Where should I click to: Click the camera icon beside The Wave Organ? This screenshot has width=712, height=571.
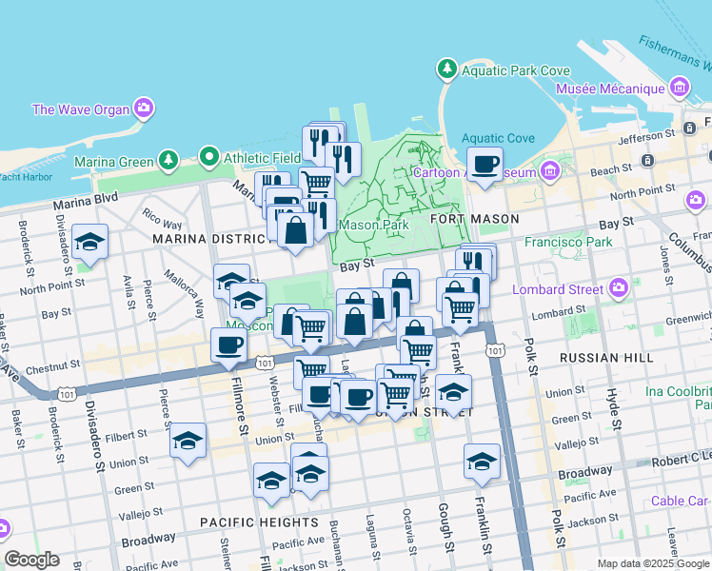coord(144,108)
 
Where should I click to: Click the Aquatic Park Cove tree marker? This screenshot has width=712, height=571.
coord(445,69)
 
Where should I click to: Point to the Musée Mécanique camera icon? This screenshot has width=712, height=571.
coord(679,89)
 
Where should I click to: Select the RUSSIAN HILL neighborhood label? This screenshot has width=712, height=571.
coord(606,358)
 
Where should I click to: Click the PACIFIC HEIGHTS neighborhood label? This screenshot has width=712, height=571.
coord(259,522)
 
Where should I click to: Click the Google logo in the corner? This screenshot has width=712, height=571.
coord(31,560)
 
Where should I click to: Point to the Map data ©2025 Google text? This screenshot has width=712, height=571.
coord(653,563)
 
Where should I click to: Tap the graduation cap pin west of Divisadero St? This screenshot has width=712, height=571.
coord(89,243)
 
